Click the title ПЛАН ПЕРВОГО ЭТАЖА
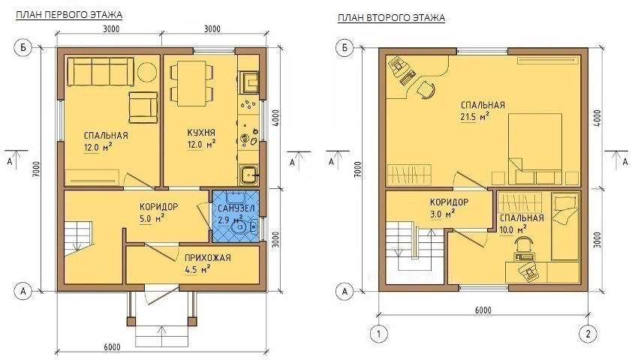point(69,15)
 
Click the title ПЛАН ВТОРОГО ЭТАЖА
point(391,18)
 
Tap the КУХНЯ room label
point(201,133)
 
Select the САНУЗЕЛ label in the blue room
point(236,208)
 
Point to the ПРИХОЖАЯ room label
point(207,258)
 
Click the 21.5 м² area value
point(474,117)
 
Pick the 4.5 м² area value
point(197,270)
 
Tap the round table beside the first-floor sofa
point(147,71)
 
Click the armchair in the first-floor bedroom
point(143,107)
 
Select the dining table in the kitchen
point(191,83)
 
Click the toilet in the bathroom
point(244,227)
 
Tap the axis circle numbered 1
point(379,334)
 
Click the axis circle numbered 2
point(588,334)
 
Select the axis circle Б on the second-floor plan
point(345,48)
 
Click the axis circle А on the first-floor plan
point(23,291)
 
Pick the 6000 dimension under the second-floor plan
point(483,310)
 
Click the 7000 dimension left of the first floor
point(36,169)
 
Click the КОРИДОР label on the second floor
point(449,202)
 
